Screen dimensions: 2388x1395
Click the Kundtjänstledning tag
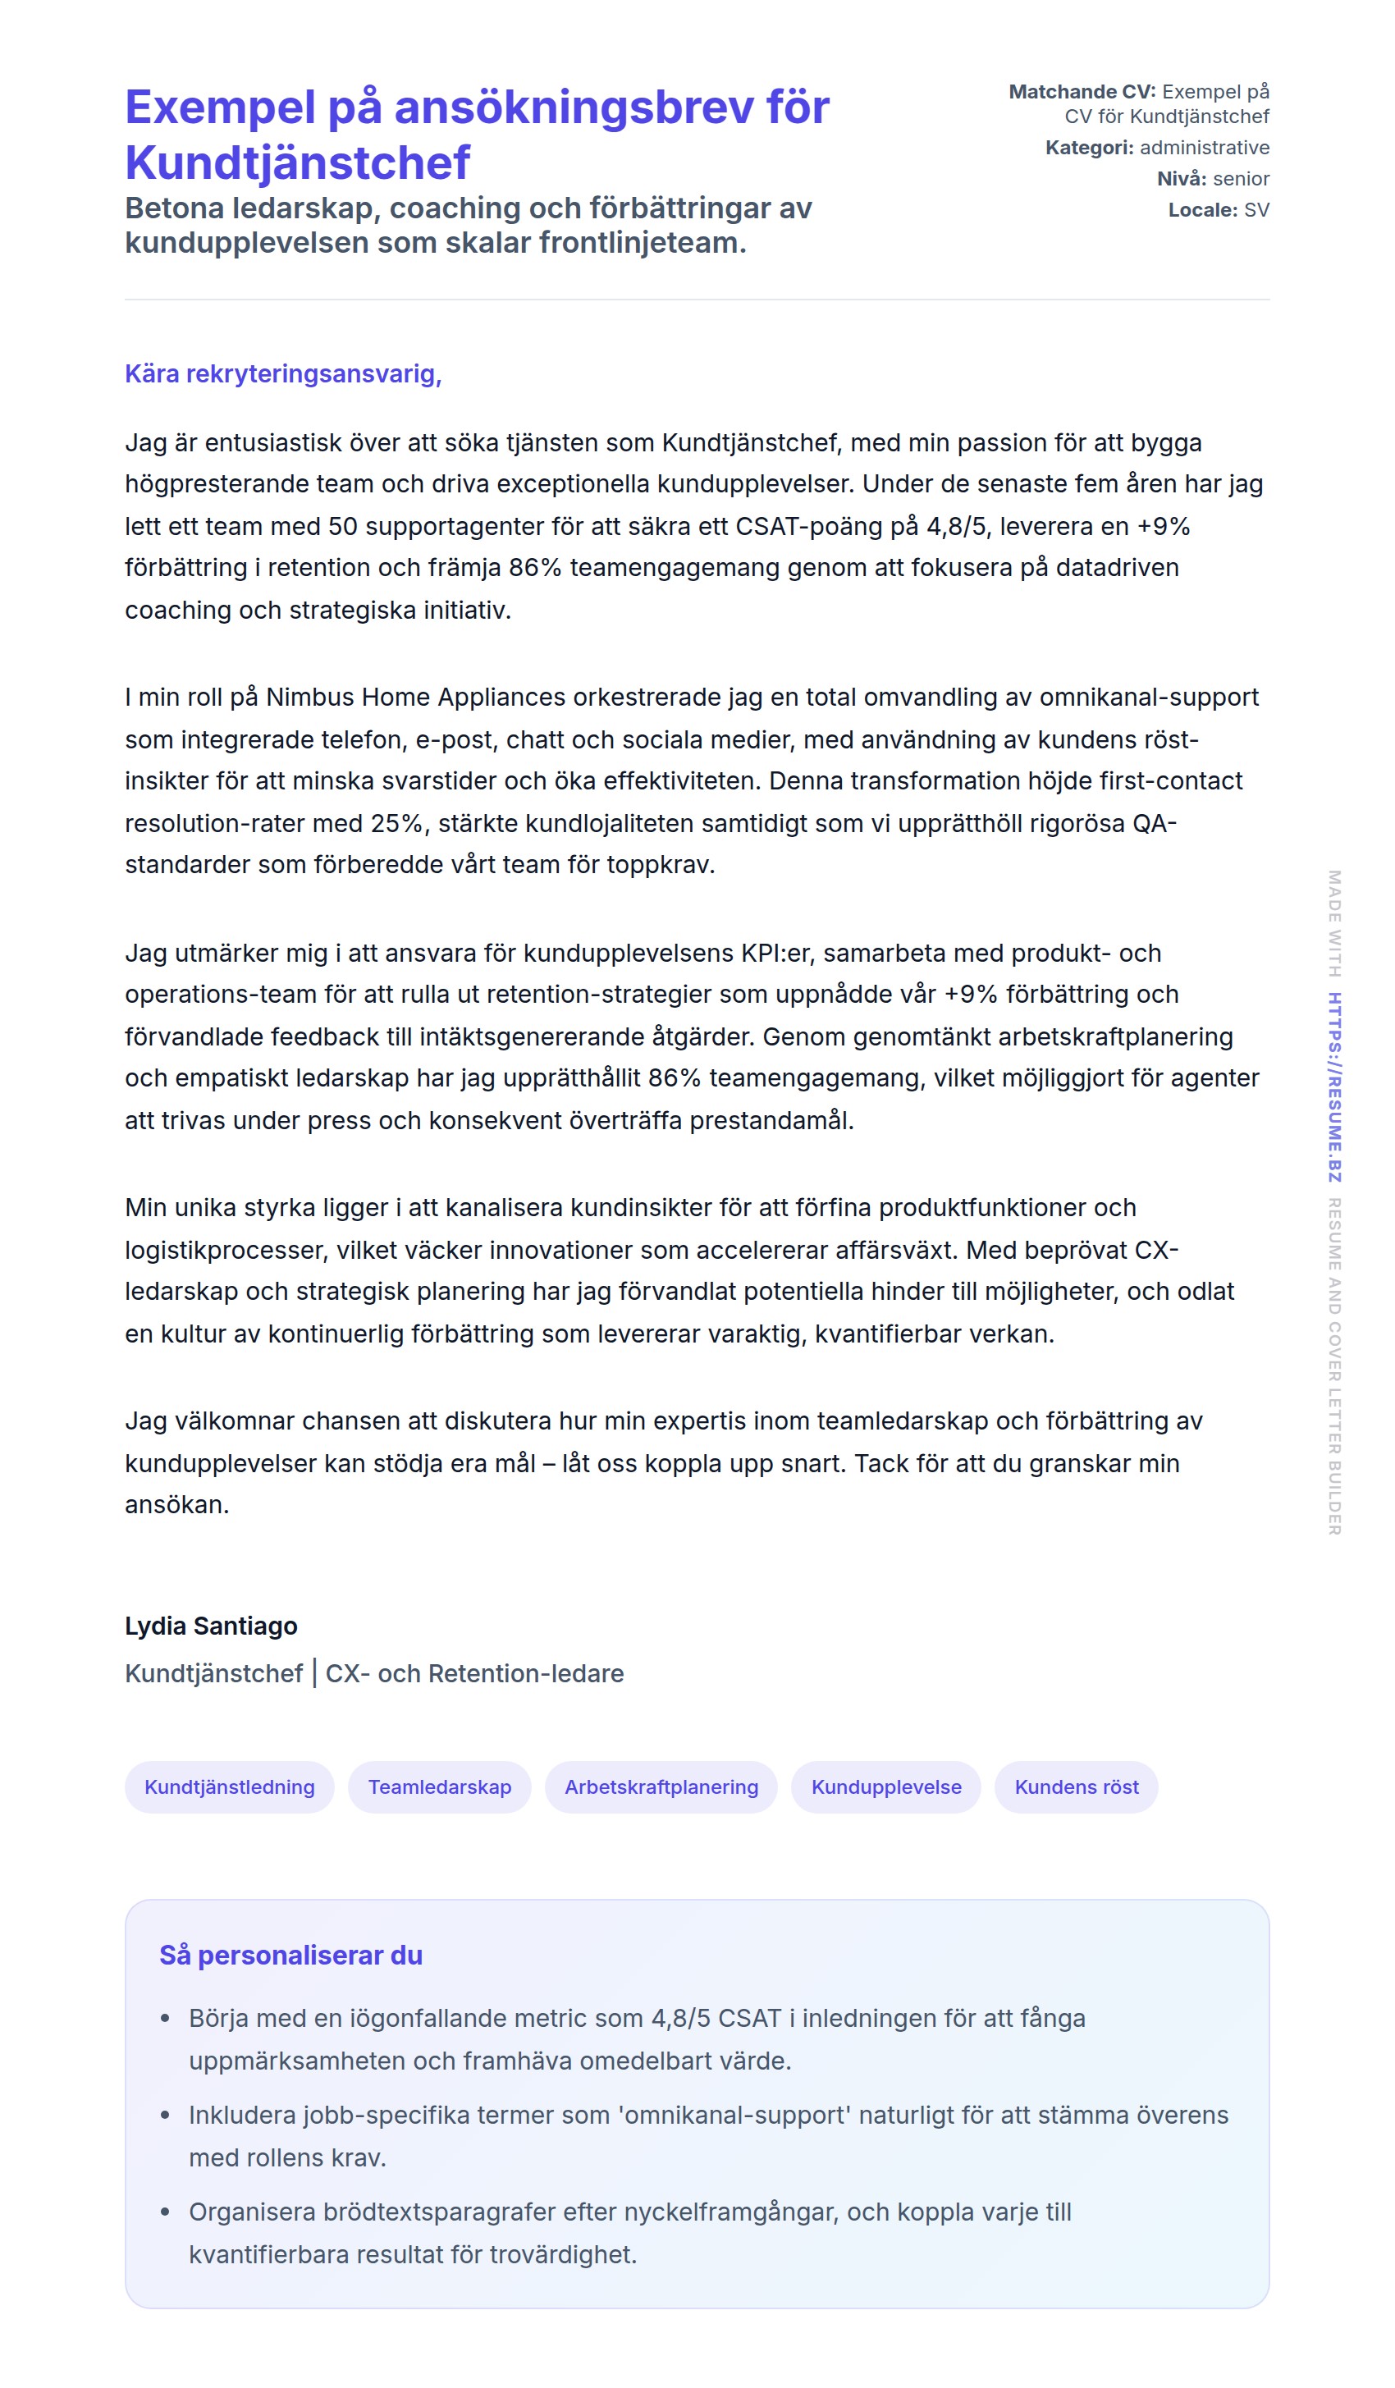[x=229, y=1786]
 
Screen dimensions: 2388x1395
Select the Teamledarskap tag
[x=439, y=1786]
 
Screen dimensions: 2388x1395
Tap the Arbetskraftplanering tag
[x=661, y=1786]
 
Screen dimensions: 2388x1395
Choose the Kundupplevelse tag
[x=885, y=1786]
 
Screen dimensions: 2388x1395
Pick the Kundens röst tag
[x=1076, y=1786]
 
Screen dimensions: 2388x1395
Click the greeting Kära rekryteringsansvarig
[x=282, y=373]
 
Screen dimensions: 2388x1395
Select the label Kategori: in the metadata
[x=1089, y=148]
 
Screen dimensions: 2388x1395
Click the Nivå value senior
[x=1241, y=179]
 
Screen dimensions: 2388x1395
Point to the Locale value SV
[x=1255, y=210]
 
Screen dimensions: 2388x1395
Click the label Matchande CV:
[x=1082, y=92]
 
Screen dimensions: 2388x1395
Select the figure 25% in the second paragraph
[x=396, y=822]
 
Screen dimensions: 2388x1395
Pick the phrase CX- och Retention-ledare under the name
[x=473, y=1673]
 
